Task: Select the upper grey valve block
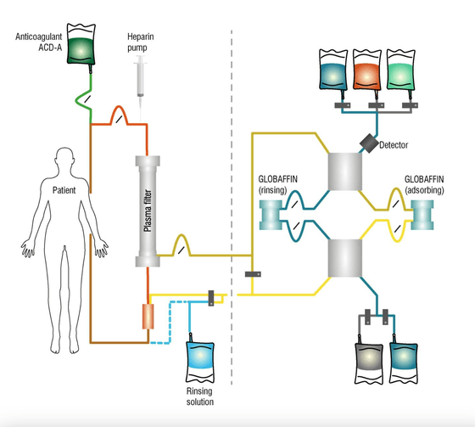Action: [344, 177]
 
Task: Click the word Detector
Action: [395, 145]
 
